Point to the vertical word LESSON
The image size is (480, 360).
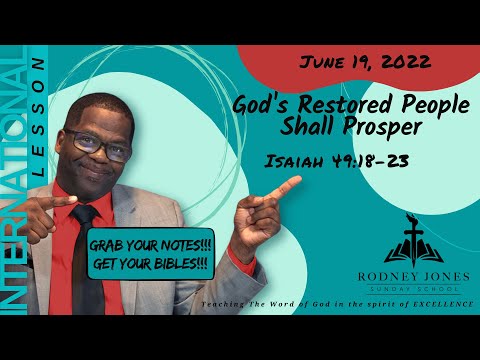[38, 130]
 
